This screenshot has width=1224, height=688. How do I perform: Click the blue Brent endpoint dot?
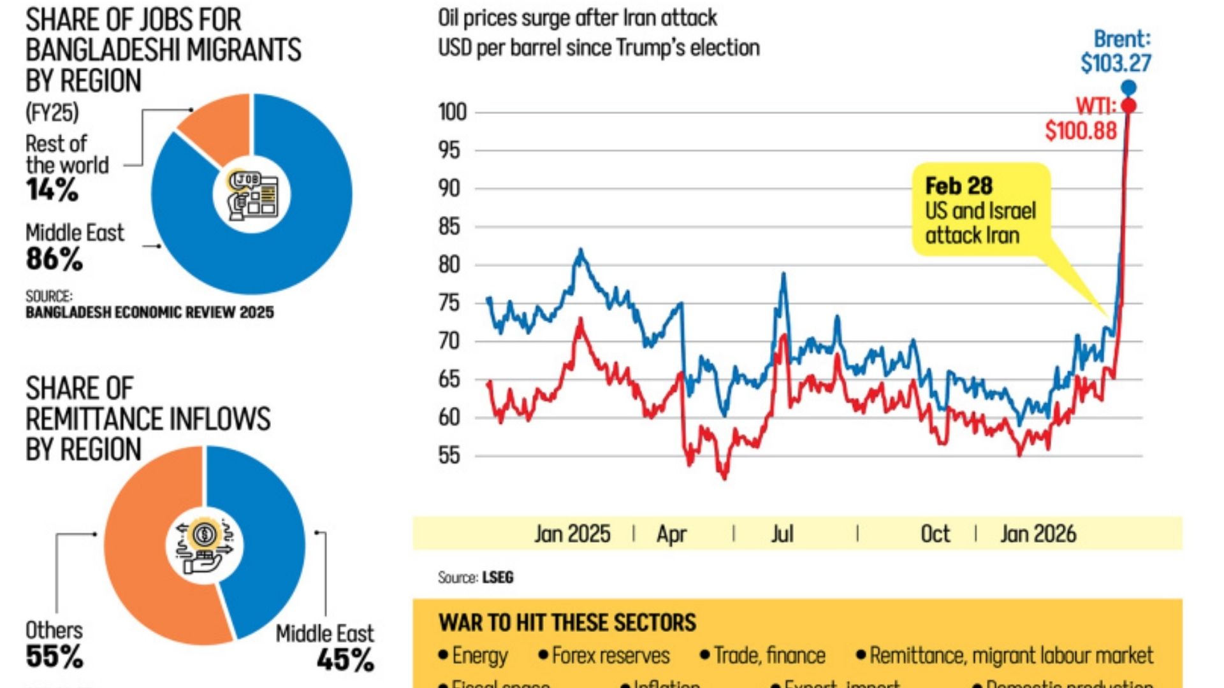1128,88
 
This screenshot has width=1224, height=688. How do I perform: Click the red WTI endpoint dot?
1128,106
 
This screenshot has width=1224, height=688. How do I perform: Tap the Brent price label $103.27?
1116,63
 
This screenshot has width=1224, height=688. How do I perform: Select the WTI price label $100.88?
1081,131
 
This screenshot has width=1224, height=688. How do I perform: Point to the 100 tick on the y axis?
452,112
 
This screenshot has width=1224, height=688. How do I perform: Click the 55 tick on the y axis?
449,456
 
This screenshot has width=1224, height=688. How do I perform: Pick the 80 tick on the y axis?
449,265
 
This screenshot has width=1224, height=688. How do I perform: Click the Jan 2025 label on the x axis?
572,534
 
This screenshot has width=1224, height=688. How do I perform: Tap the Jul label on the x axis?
782,534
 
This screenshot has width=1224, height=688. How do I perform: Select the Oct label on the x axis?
935,534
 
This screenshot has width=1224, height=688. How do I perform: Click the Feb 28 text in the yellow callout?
958,186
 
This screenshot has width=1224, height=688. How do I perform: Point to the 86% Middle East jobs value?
54,259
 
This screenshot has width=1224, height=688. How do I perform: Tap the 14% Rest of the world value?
52,190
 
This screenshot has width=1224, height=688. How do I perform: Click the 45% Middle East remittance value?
345,660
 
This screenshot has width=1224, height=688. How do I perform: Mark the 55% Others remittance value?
54,657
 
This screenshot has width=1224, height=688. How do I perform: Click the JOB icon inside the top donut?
252,195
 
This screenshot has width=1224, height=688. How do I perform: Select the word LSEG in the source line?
497,578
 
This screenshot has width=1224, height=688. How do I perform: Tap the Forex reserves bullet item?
610,656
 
